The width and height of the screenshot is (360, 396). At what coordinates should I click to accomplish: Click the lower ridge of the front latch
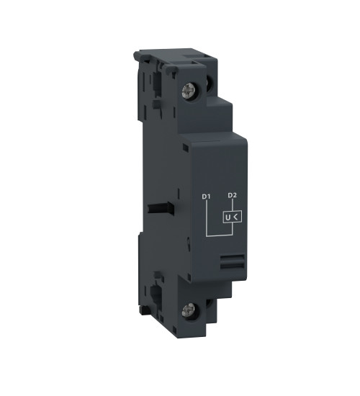230,266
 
